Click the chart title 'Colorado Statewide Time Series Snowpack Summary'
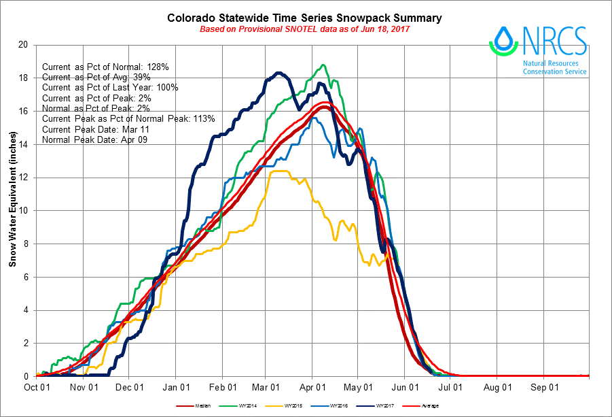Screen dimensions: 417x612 (x=305, y=18)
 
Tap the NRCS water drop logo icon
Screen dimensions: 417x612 (x=503, y=41)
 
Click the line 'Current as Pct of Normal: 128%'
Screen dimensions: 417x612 (x=105, y=67)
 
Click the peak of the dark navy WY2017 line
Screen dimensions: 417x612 (x=278, y=73)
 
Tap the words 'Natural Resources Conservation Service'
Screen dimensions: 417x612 (x=554, y=67)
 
